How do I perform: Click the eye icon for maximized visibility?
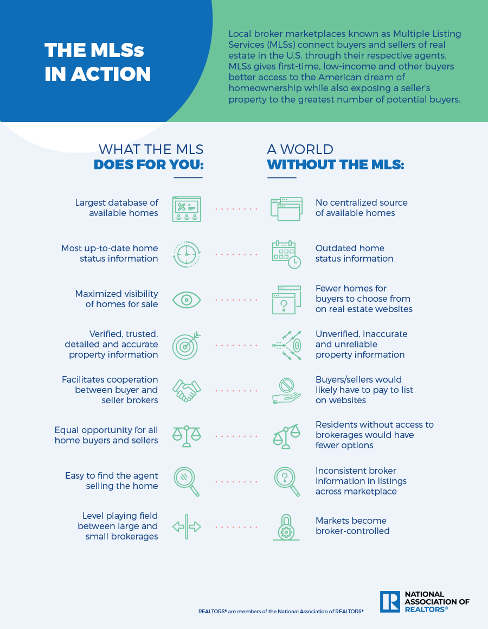click(x=187, y=300)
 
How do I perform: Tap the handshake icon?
click(x=187, y=391)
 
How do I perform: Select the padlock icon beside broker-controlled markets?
click(x=286, y=527)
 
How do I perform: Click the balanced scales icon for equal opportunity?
click(x=187, y=436)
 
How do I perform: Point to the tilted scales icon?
click(x=286, y=436)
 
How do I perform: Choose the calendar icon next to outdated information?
click(x=286, y=255)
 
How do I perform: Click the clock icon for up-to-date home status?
click(x=187, y=255)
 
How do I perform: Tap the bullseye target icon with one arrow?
click(x=187, y=345)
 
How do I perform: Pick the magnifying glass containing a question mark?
click(x=287, y=482)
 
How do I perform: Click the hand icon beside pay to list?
click(x=286, y=391)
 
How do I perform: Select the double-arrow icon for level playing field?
click(x=187, y=527)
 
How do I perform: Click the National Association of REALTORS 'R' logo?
click(x=390, y=602)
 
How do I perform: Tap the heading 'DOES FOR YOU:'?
click(x=149, y=165)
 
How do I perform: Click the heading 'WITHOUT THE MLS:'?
click(x=336, y=165)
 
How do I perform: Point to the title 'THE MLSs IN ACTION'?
click(x=98, y=62)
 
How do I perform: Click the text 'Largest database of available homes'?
click(x=117, y=208)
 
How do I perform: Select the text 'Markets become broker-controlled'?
click(x=352, y=526)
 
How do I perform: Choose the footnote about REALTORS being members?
click(x=281, y=611)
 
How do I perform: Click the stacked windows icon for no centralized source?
click(x=286, y=209)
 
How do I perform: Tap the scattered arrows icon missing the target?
click(x=286, y=345)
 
